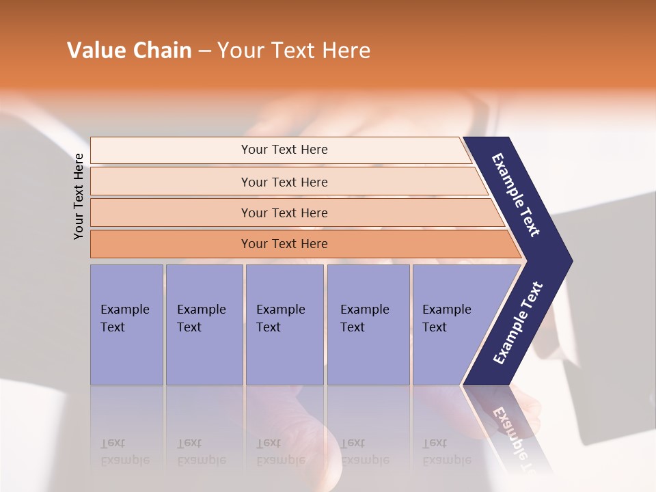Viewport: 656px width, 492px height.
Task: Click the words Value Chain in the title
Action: (x=129, y=51)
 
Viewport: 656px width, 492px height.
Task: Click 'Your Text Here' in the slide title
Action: (x=294, y=51)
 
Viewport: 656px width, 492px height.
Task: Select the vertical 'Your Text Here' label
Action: (x=79, y=196)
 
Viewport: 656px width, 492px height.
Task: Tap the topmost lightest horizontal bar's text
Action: (x=284, y=150)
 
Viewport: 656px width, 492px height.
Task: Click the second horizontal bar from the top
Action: (x=284, y=182)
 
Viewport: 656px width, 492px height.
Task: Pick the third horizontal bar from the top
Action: (x=284, y=213)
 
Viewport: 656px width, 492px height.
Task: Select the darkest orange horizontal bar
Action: (x=284, y=244)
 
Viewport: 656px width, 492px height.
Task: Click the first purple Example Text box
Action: (x=126, y=325)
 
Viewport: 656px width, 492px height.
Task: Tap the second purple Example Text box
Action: (x=204, y=325)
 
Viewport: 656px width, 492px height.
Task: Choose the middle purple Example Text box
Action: (x=284, y=325)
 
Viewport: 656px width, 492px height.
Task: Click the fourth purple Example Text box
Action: (x=368, y=325)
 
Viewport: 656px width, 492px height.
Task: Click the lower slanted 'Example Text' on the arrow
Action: (x=518, y=323)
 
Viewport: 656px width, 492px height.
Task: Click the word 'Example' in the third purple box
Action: (x=280, y=310)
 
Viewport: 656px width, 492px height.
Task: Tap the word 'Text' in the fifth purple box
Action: (x=435, y=327)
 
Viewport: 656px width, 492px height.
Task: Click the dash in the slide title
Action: (x=204, y=51)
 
